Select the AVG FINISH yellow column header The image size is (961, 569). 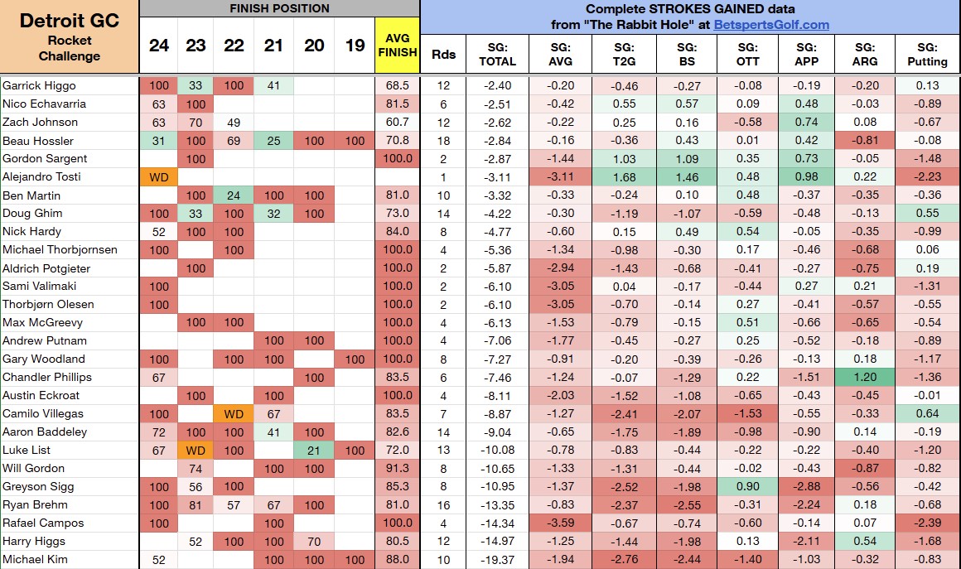tap(397, 46)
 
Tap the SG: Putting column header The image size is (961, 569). tap(927, 55)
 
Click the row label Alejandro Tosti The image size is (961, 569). tap(41, 177)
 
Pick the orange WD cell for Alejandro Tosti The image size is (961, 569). tap(159, 177)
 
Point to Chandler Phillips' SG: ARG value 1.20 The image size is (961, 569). tap(865, 378)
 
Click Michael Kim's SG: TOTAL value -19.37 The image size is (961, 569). tap(497, 560)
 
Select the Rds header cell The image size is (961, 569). tap(443, 55)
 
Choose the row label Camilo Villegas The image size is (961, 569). tap(43, 413)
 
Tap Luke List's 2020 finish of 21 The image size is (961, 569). tap(314, 451)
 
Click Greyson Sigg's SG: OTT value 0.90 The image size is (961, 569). tap(748, 486)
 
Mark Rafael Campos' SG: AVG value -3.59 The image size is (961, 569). tap(560, 523)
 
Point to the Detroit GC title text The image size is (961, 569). tap(70, 21)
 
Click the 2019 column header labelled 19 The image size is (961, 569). tap(355, 46)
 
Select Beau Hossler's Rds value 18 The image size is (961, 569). tap(443, 141)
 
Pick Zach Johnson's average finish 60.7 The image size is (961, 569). tap(397, 122)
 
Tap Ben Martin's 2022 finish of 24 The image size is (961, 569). tap(234, 195)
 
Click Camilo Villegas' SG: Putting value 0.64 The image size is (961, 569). tap(927, 413)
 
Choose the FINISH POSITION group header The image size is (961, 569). tap(279, 8)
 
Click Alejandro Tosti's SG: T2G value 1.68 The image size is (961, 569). tap(624, 177)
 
